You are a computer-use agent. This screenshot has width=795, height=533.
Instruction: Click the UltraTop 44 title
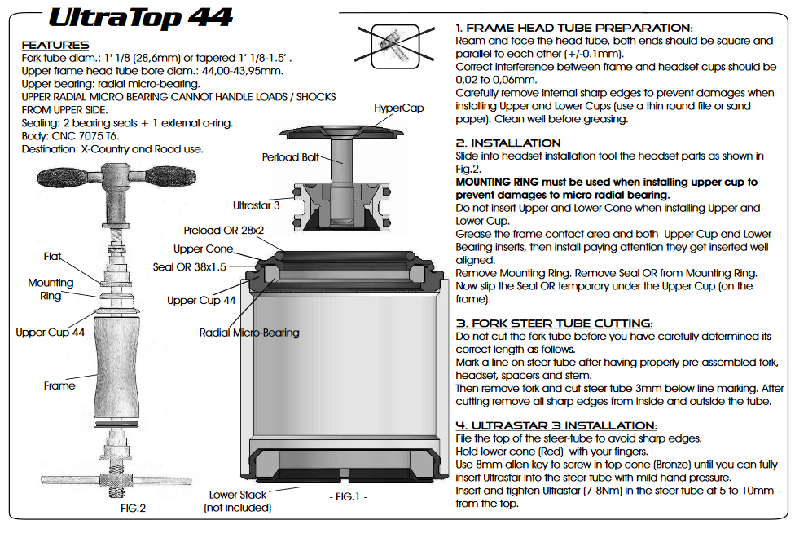(140, 18)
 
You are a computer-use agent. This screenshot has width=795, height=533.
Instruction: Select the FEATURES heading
(55, 45)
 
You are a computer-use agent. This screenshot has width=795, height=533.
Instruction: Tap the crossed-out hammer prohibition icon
(396, 46)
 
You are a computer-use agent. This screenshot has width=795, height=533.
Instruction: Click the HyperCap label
(398, 108)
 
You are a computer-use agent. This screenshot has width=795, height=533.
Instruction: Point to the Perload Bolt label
(291, 157)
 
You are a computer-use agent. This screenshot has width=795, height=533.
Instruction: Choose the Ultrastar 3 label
(256, 205)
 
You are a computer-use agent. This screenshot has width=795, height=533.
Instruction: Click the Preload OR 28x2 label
(223, 231)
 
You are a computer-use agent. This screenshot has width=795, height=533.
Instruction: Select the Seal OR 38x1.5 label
(190, 266)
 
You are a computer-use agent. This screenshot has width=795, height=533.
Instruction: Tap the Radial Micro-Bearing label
(249, 333)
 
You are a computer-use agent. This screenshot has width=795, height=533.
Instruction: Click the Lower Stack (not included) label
(237, 501)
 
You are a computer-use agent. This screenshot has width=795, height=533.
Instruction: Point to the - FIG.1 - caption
(349, 497)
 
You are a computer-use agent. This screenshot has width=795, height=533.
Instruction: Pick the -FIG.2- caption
(134, 509)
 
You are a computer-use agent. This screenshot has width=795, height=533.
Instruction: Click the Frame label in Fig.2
(59, 386)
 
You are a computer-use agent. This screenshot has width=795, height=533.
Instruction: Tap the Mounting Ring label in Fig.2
(51, 289)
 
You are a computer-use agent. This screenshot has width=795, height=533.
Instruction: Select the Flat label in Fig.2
(52, 257)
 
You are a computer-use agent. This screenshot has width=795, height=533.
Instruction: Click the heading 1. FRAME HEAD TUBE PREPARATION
(574, 28)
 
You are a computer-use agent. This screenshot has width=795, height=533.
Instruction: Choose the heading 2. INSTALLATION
(508, 143)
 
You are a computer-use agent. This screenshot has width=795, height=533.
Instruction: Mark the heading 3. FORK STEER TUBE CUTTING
(554, 323)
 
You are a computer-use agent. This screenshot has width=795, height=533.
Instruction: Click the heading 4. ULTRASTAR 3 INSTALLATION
(556, 425)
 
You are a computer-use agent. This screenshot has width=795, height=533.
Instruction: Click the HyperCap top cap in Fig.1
(341, 131)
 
